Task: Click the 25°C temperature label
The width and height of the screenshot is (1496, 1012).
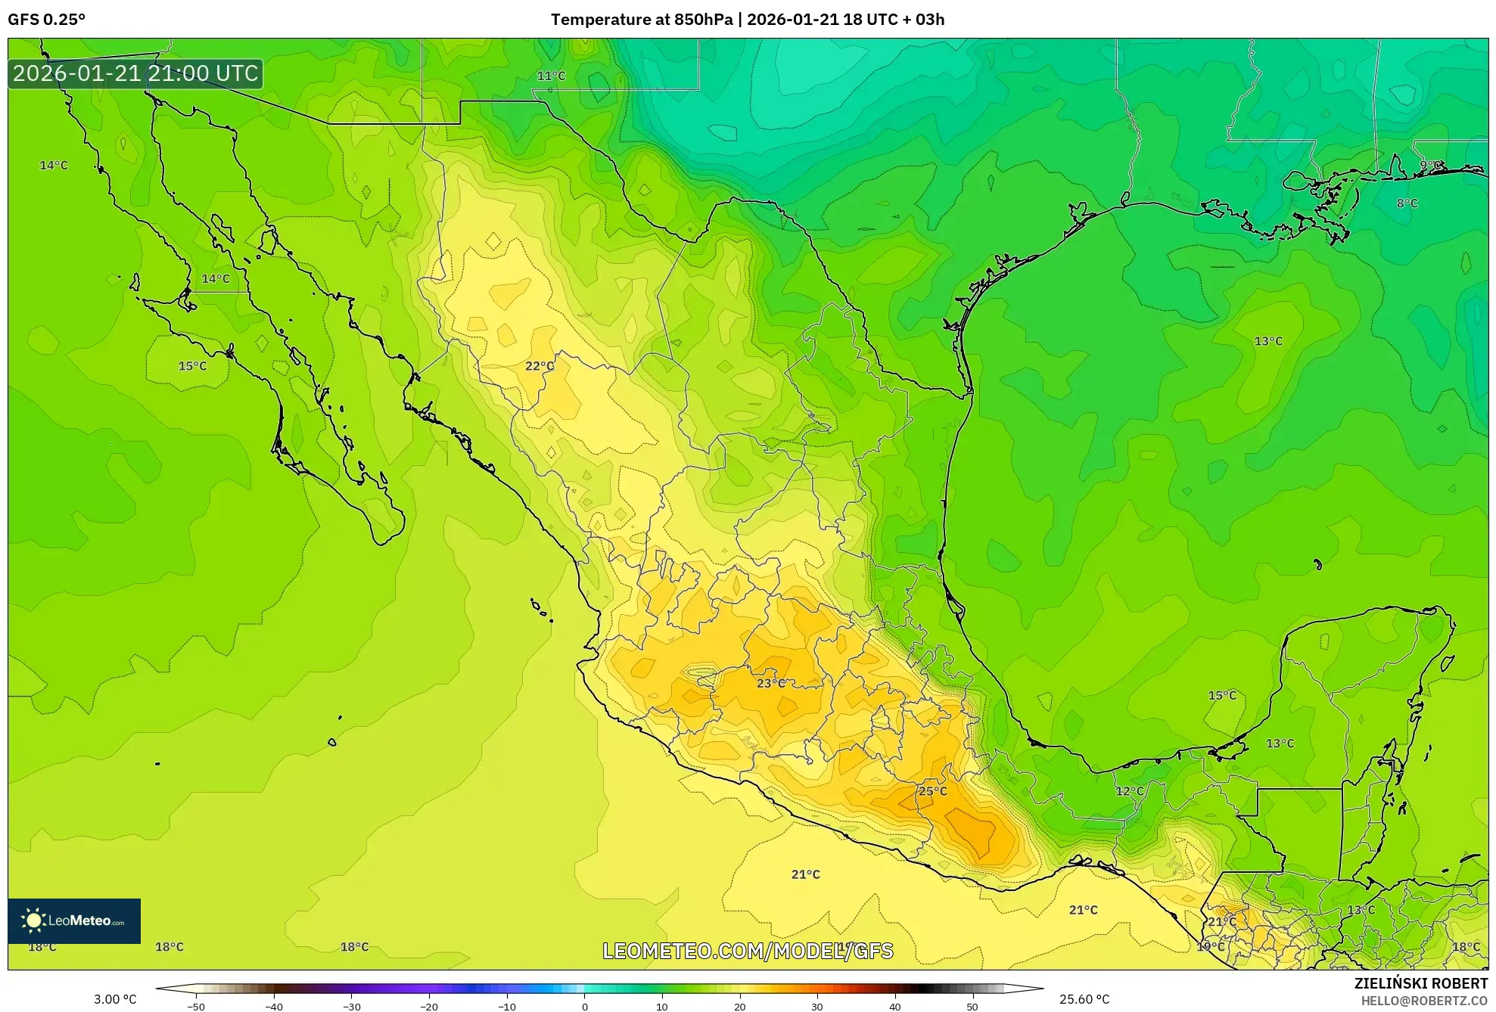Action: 932,791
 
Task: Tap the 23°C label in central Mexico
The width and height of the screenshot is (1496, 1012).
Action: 770,683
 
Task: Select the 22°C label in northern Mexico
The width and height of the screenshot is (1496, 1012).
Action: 540,366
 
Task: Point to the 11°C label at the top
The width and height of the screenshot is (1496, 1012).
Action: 551,76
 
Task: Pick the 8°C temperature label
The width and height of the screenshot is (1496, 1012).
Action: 1407,203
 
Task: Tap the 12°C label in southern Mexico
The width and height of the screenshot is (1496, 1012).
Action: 1129,791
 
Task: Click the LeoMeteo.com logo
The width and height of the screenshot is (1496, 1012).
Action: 74,920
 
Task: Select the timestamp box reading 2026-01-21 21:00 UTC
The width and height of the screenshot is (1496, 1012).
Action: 135,73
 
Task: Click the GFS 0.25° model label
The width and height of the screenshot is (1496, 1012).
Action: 46,20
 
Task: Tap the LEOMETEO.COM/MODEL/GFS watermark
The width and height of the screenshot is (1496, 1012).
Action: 748,951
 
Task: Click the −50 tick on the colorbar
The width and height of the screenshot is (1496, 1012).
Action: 196,1006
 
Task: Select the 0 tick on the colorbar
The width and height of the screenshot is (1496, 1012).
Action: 584,1006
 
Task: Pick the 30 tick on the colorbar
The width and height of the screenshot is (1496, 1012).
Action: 817,1006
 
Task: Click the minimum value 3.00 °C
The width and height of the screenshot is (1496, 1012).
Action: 115,999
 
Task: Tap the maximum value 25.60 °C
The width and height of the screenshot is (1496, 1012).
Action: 1084,999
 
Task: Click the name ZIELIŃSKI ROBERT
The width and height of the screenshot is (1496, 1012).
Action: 1420,983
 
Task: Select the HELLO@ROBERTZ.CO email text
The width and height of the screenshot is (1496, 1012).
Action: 1424,1001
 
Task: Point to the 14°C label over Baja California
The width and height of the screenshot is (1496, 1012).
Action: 215,279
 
